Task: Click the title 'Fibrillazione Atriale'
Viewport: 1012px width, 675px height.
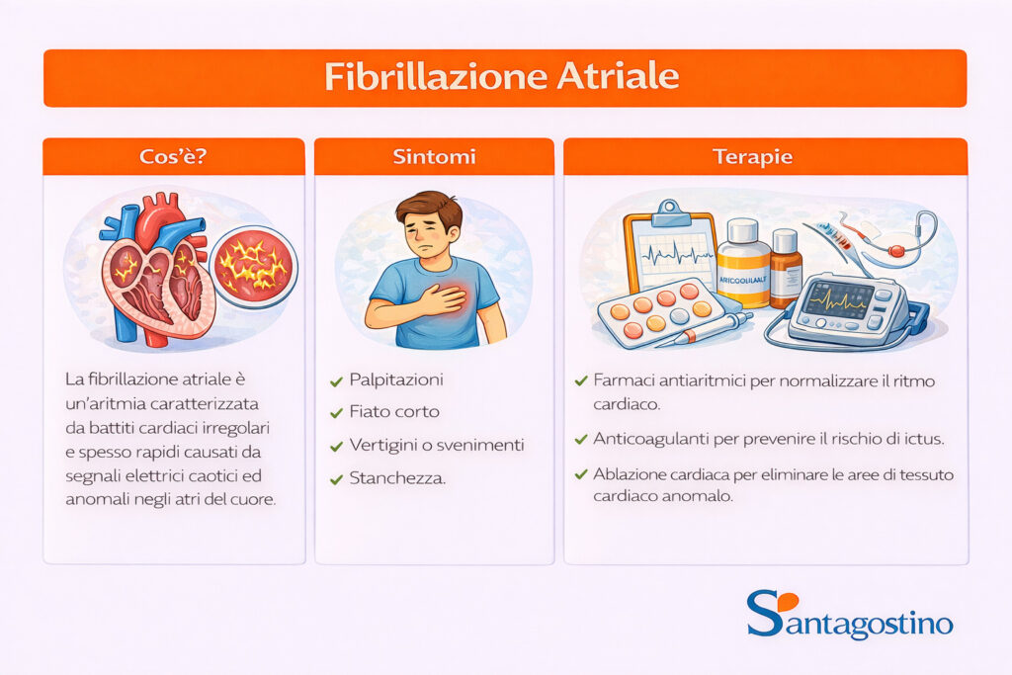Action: point(504,77)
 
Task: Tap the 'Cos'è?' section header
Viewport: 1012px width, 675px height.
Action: point(173,156)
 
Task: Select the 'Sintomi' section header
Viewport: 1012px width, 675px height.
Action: point(434,156)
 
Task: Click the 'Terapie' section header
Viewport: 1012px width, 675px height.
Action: point(765,156)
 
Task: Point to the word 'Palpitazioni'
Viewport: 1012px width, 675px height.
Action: point(396,380)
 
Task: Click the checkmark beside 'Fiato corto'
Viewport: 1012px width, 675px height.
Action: point(335,412)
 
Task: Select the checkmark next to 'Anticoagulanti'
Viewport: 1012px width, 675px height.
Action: point(580,439)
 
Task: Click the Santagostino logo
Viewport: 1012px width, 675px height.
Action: point(849,618)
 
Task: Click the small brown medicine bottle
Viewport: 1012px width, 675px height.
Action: point(786,268)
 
